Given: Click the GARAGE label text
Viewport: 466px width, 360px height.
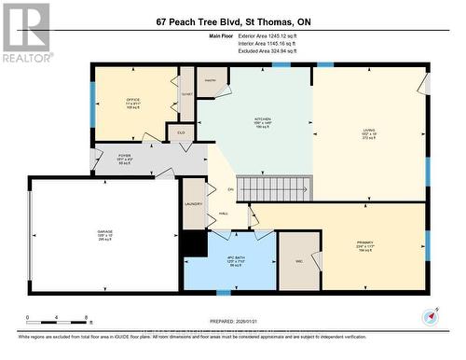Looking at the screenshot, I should pyautogui.click(x=105, y=235).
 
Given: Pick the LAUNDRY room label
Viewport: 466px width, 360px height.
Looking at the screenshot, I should pyautogui.click(x=194, y=203).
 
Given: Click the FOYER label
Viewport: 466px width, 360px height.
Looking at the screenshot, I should pyautogui.click(x=124, y=159).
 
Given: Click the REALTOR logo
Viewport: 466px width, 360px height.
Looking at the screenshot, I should pyautogui.click(x=25, y=33).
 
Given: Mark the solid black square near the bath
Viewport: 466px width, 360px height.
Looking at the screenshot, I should pyautogui.click(x=194, y=243).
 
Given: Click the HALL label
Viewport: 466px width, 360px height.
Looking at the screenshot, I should pyautogui.click(x=224, y=214).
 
